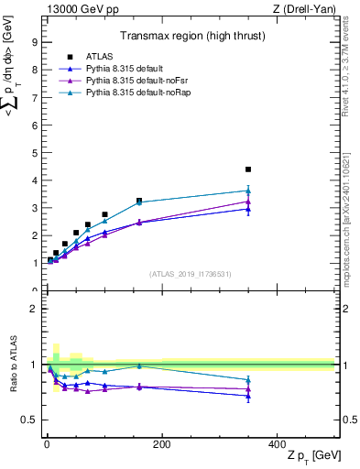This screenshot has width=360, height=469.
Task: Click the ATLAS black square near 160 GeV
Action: click(139, 201)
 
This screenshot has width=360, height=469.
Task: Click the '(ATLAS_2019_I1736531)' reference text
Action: click(191, 274)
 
